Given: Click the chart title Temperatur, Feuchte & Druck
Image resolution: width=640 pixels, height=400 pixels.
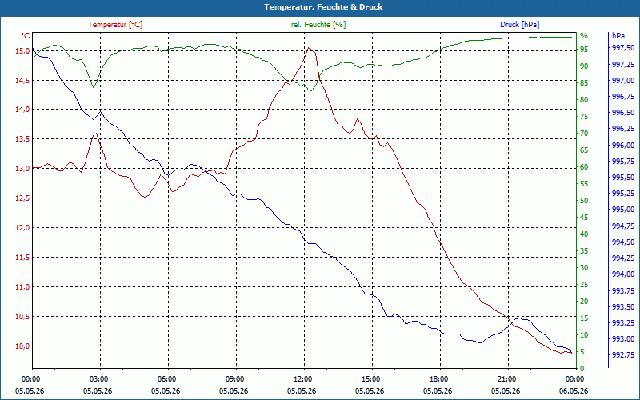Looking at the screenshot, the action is pyautogui.click(x=323, y=7).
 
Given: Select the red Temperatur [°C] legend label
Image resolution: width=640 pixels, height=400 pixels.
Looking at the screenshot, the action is pyautogui.click(x=115, y=25).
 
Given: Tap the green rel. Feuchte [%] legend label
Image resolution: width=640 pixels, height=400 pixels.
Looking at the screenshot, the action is pyautogui.click(x=318, y=25).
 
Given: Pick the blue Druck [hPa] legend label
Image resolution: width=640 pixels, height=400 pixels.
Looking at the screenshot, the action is pyautogui.click(x=519, y=25).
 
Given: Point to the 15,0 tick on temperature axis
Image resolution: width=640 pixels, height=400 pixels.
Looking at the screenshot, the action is pyautogui.click(x=22, y=51).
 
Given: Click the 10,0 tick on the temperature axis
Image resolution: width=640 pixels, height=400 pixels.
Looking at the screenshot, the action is pyautogui.click(x=22, y=346).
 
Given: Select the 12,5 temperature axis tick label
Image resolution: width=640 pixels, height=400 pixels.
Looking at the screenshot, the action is pyautogui.click(x=22, y=198).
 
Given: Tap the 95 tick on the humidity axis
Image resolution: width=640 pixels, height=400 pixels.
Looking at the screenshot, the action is pyautogui.click(x=585, y=50).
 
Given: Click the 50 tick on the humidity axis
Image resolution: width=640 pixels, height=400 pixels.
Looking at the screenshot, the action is pyautogui.click(x=585, y=201).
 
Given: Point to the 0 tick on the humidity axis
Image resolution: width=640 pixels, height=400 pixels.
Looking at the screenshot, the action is pyautogui.click(x=582, y=369).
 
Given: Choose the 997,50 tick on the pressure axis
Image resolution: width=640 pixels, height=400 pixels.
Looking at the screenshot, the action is pyautogui.click(x=623, y=48).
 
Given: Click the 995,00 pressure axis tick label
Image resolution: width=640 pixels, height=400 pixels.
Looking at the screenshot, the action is pyautogui.click(x=623, y=210).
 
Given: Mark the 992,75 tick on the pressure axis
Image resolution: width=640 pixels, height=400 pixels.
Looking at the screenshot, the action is pyautogui.click(x=623, y=355).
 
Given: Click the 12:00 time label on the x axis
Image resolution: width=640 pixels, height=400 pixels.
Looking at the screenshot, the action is pyautogui.click(x=304, y=379).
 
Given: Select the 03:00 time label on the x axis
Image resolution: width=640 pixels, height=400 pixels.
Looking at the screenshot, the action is pyautogui.click(x=100, y=379).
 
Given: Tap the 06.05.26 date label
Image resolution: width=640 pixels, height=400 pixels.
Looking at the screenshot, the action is pyautogui.click(x=574, y=391).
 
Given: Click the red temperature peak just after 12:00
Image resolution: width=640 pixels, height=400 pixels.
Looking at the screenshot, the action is pyautogui.click(x=309, y=48).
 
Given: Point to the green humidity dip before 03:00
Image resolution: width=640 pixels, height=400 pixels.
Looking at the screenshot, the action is pyautogui.click(x=94, y=87).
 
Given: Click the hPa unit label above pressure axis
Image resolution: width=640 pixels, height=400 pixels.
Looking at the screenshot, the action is pyautogui.click(x=618, y=36).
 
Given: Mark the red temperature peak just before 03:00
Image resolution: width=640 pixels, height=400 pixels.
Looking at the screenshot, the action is pyautogui.click(x=96, y=133).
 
